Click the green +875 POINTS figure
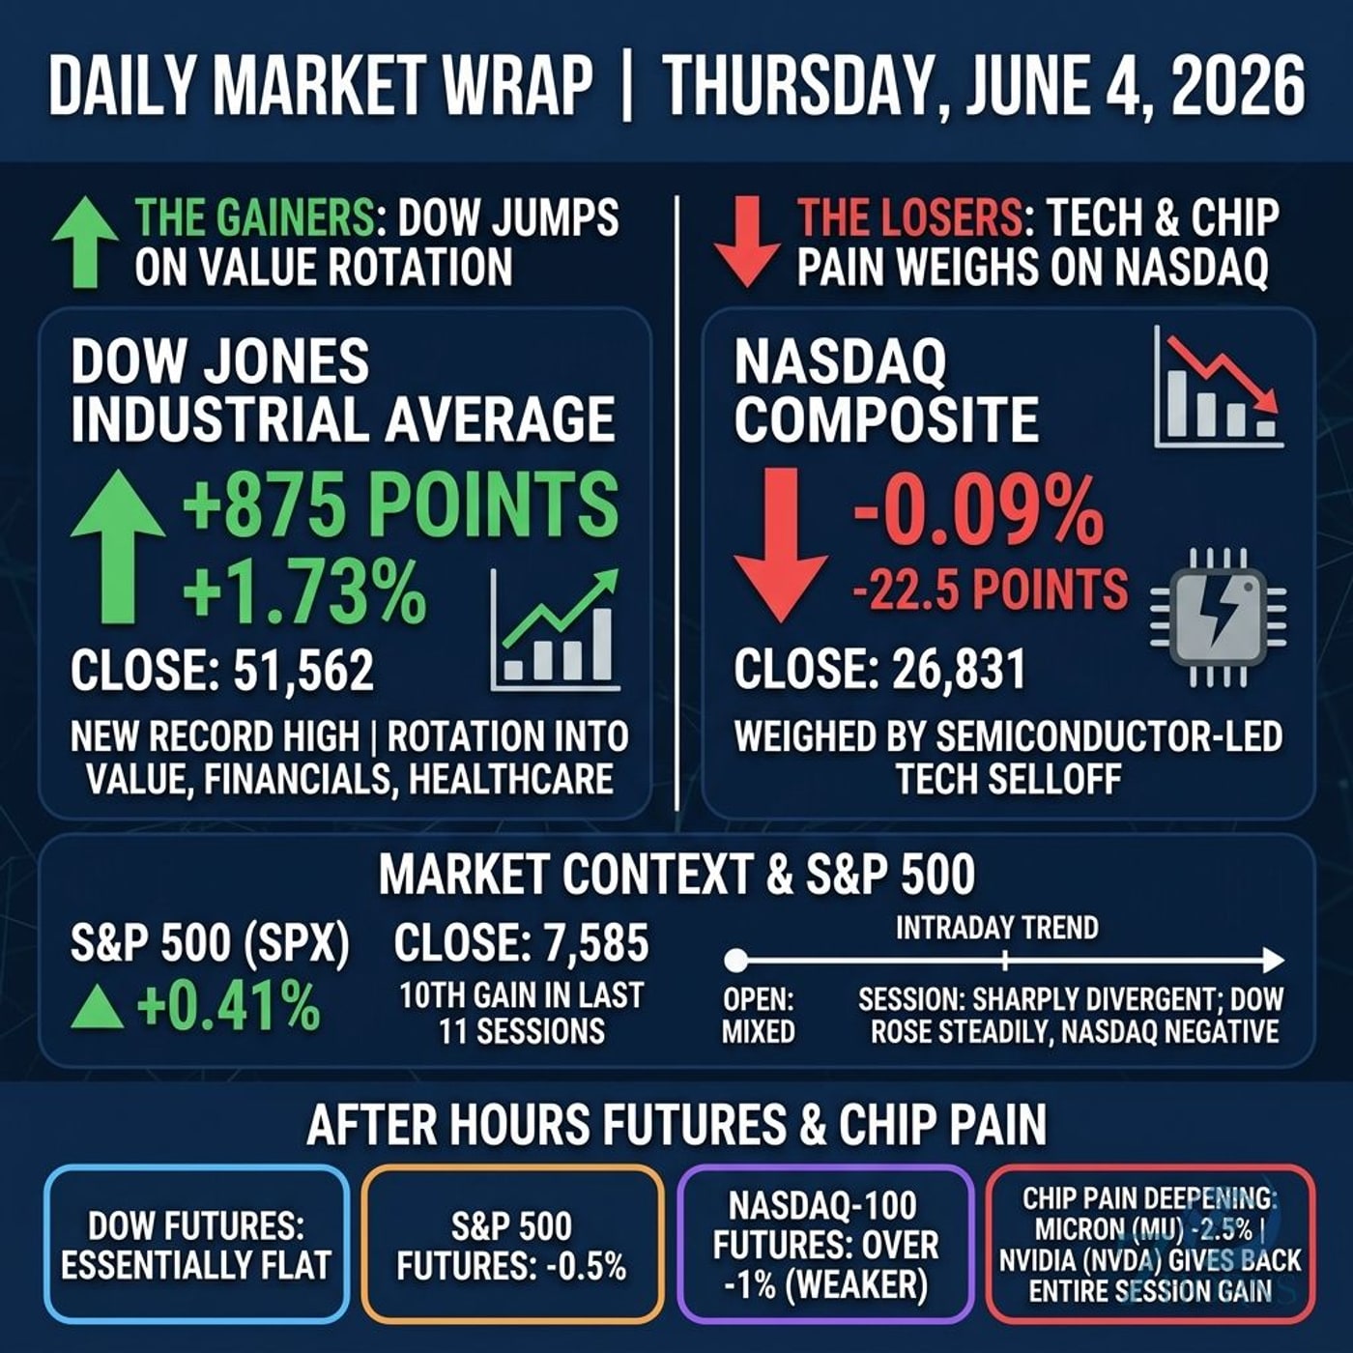click(x=401, y=504)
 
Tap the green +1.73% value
click(x=304, y=592)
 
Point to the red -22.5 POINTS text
click(x=990, y=589)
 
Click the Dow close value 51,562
click(x=303, y=671)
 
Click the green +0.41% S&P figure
click(x=228, y=1006)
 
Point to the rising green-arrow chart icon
click(x=556, y=630)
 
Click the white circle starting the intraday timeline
click(x=735, y=960)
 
